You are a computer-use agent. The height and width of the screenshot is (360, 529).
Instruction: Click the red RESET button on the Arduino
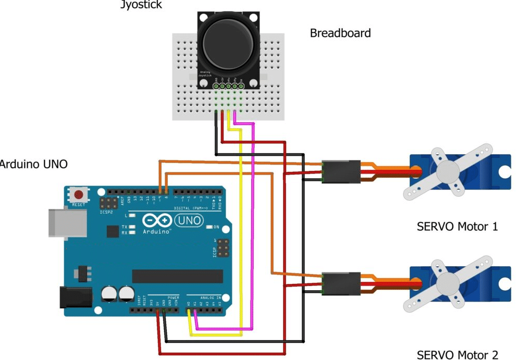point(79,195)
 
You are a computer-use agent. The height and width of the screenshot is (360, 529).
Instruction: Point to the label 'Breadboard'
point(340,33)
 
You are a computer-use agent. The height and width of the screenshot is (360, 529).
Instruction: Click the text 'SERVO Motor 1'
point(457,227)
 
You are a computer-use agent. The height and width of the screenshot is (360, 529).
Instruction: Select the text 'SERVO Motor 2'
point(457,355)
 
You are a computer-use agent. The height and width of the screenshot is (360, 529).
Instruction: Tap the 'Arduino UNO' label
point(33,164)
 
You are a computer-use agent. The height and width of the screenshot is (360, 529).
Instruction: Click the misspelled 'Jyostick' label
point(141,5)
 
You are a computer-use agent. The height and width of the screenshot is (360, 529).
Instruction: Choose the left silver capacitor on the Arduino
point(110,293)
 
